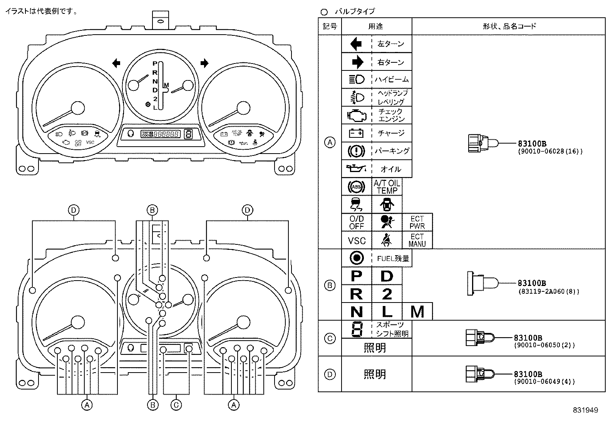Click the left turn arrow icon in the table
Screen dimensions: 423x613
[x=357, y=44]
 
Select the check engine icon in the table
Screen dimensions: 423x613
[x=357, y=115]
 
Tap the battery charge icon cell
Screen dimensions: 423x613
[x=357, y=133]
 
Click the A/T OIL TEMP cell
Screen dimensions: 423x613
[x=387, y=187]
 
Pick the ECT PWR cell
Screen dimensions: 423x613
[x=417, y=222]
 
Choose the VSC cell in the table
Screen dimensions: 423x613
[x=357, y=241]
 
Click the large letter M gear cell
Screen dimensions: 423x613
[x=417, y=311]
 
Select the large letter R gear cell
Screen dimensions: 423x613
[x=357, y=294]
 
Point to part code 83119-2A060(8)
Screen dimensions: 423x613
[x=548, y=292]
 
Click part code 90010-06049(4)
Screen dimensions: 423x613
[x=544, y=382]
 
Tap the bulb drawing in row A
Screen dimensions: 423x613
[x=483, y=144]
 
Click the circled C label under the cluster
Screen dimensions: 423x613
[x=176, y=405]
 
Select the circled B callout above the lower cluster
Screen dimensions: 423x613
[x=152, y=210]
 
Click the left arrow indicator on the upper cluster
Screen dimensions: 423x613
[x=116, y=63]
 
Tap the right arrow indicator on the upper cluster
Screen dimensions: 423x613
[x=204, y=63]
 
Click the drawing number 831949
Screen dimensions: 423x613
[x=585, y=410]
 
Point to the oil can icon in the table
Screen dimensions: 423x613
[x=357, y=169]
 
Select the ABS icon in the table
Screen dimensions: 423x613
[x=357, y=187]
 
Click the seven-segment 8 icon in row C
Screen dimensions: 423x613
[x=357, y=329]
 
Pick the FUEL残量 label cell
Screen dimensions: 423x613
[x=392, y=258]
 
